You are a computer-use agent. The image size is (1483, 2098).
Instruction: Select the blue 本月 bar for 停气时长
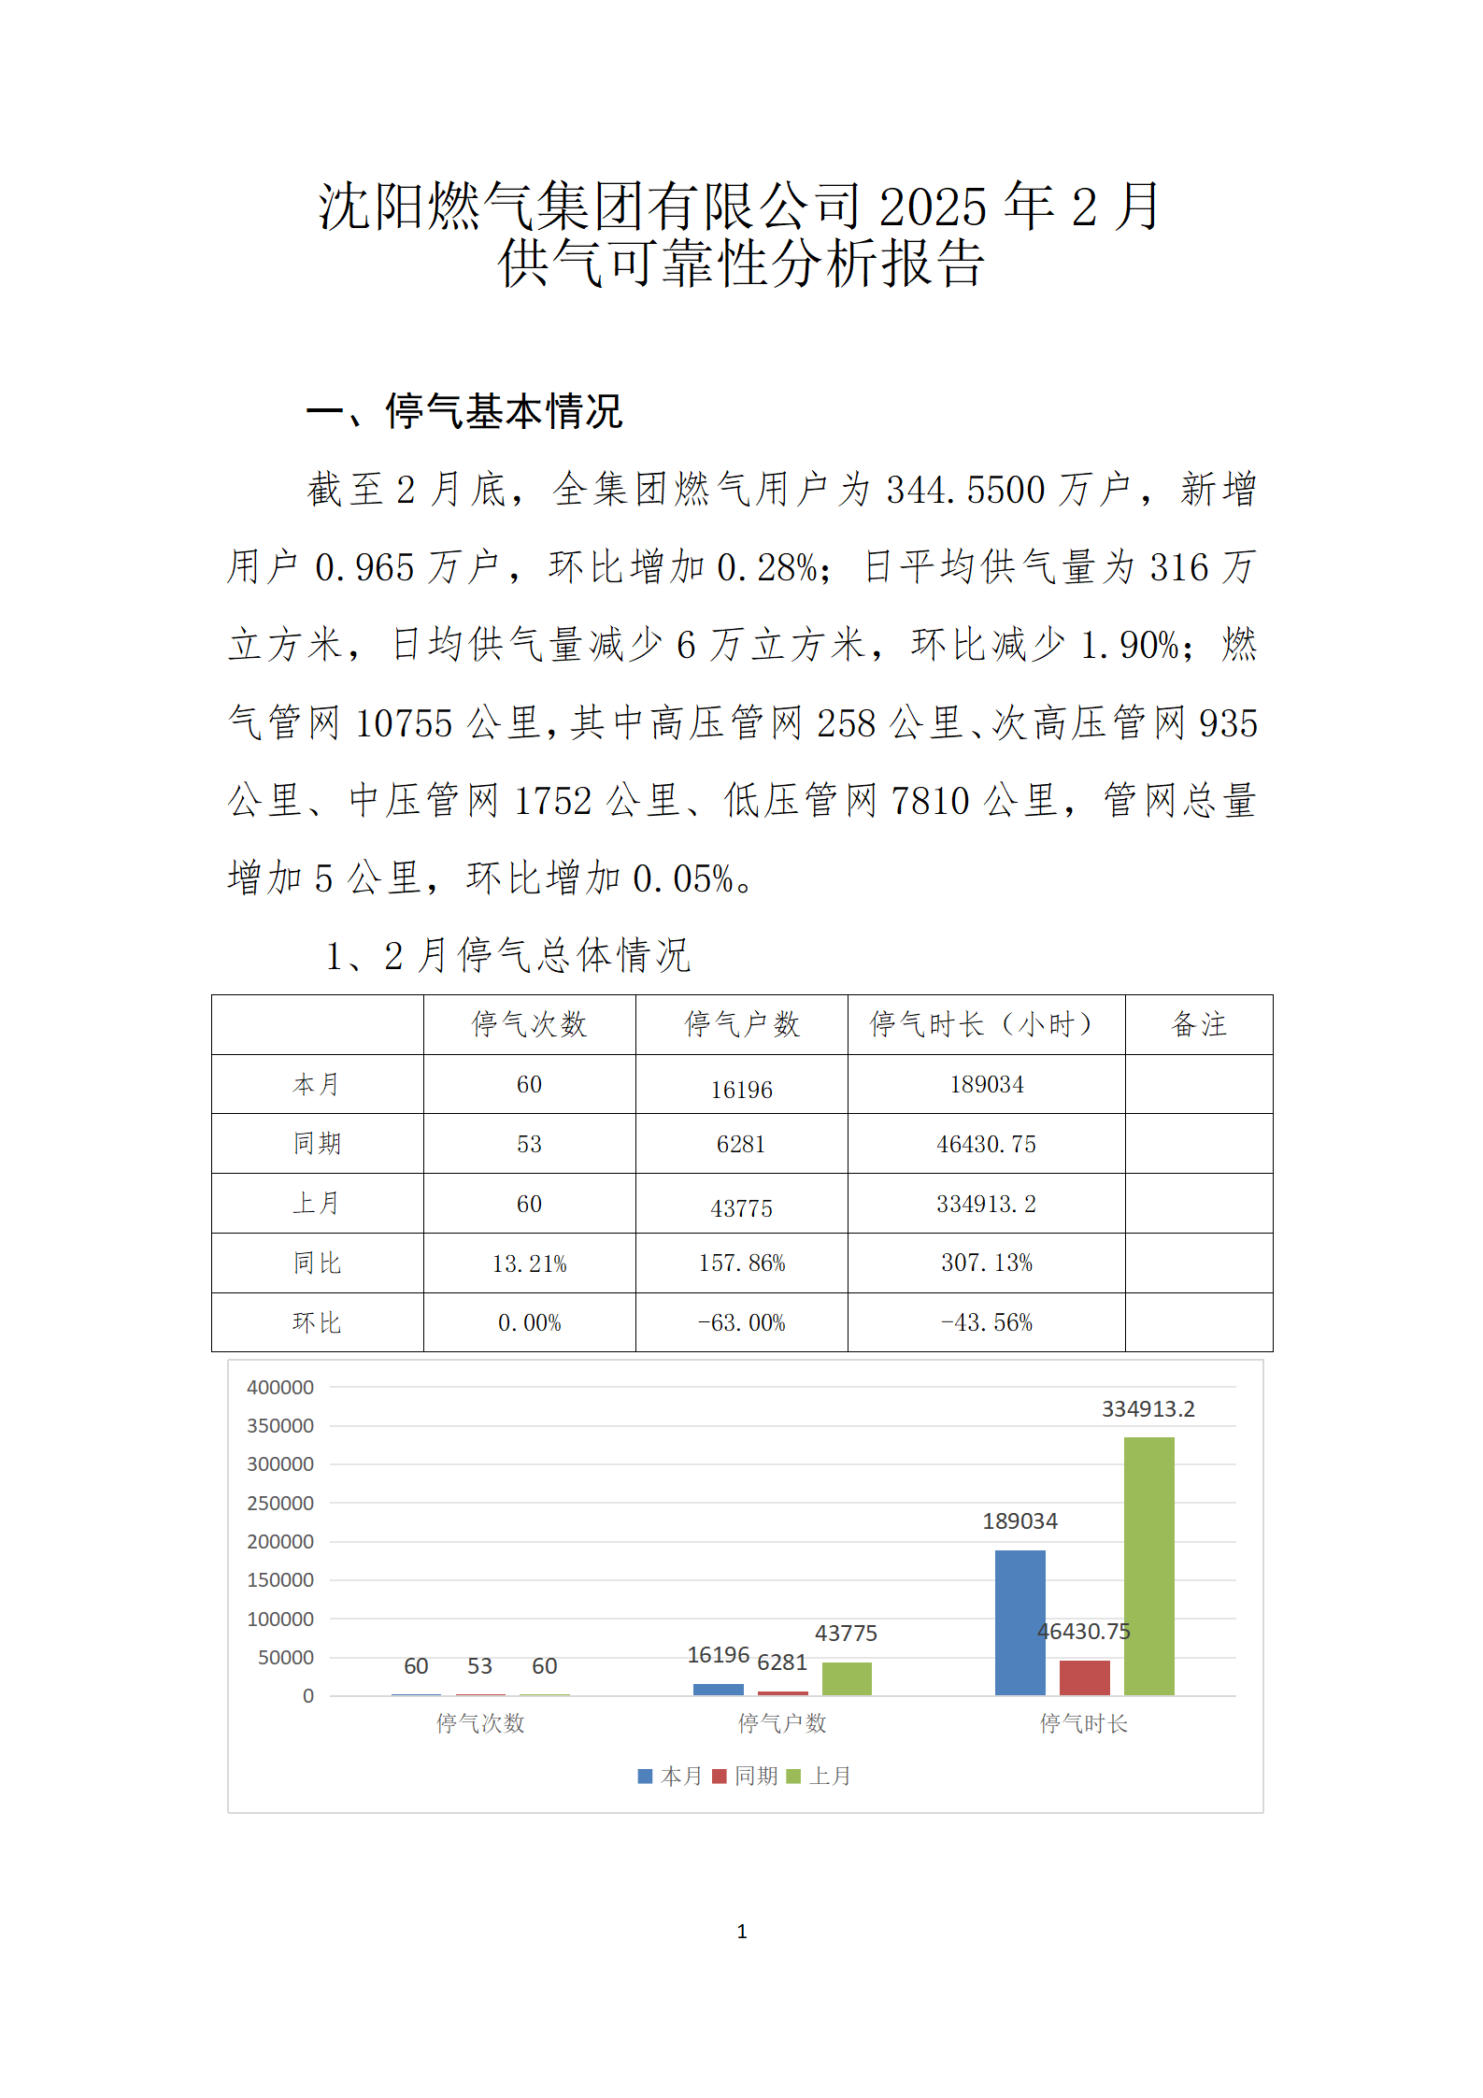[x=1020, y=1622]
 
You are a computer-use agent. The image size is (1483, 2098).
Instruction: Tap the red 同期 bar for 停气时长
[x=1084, y=1677]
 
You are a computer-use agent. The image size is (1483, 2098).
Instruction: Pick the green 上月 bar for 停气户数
[x=847, y=1678]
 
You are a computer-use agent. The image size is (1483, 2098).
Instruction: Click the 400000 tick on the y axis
[x=280, y=1388]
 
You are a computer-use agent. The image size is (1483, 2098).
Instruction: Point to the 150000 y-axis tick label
[x=280, y=1580]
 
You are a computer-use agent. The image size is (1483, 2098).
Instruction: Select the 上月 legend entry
[x=820, y=1776]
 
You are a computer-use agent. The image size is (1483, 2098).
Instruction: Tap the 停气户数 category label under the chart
[x=782, y=1723]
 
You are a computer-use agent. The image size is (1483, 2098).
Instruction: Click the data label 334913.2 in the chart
[x=1148, y=1409]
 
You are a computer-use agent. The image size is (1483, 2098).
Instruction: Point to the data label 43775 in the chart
[x=846, y=1634]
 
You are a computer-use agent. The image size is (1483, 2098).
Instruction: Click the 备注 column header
[x=1199, y=1024]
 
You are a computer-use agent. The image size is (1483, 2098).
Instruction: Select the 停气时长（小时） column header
[x=986, y=1024]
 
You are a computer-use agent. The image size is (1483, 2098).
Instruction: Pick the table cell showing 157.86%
[x=742, y=1263]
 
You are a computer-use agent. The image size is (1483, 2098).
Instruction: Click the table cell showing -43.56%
[x=986, y=1323]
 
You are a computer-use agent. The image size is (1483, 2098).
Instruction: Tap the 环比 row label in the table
[x=317, y=1323]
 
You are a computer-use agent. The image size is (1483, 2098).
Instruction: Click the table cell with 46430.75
[x=986, y=1145]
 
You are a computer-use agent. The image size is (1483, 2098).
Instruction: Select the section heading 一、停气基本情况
[x=464, y=412]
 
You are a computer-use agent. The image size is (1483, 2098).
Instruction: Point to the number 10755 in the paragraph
[x=404, y=723]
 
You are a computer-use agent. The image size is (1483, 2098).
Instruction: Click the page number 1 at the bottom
[x=742, y=1932]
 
